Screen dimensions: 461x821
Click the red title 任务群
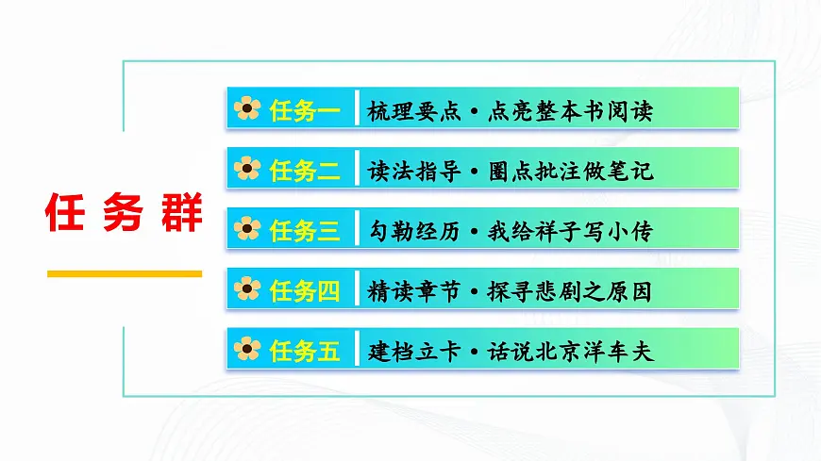point(124,214)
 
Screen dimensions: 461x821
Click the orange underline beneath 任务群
point(124,274)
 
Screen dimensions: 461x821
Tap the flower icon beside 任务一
point(247,110)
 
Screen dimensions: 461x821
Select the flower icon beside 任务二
point(247,170)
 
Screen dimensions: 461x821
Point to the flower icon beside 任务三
point(247,230)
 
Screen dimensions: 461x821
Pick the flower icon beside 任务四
point(247,290)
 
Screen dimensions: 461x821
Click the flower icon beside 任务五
point(247,351)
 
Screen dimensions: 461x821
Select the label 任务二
point(305,171)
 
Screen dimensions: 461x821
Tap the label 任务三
point(305,231)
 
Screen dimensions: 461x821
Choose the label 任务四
point(305,291)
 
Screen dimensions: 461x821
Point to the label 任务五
point(305,352)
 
